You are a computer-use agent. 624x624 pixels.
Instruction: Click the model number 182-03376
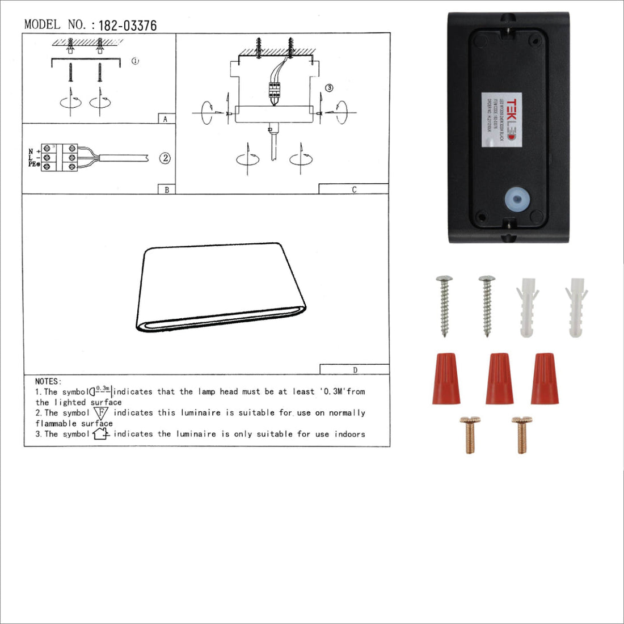127,26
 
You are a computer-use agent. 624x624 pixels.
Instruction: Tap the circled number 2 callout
165,158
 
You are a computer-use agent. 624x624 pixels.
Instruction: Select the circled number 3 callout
329,88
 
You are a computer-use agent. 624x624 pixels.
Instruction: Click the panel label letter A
165,119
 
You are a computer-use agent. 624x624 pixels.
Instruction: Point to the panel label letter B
166,189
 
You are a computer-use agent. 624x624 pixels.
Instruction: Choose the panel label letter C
354,189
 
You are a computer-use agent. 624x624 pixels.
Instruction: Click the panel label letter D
355,370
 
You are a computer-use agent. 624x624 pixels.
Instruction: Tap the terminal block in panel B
59,157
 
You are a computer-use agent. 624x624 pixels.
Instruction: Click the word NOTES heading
48,381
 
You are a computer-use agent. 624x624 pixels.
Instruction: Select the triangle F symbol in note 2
101,413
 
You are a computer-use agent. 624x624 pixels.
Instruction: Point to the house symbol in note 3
101,434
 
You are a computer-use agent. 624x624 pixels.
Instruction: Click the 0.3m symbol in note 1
101,391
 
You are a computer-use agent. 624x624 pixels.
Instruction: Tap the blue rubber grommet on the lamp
517,200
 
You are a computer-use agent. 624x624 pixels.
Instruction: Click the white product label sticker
500,120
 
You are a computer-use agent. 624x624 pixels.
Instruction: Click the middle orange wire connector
499,378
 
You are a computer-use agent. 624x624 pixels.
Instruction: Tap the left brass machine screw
469,435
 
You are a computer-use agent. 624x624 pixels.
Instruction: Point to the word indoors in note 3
349,434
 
